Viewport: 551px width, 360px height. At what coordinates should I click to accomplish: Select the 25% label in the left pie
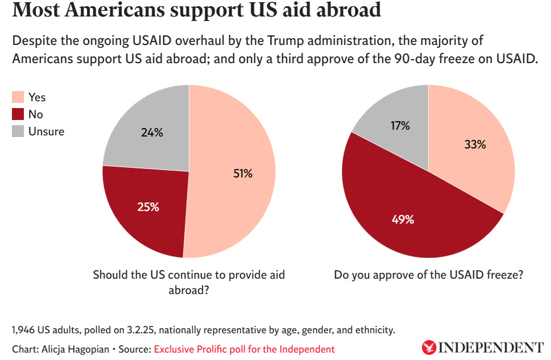[148, 206]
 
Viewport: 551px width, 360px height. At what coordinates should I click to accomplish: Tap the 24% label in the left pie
[152, 133]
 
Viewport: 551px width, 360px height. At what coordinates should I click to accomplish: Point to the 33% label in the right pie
[474, 144]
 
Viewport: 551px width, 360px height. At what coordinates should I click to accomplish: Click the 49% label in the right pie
[403, 219]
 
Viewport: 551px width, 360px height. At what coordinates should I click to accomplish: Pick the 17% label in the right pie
[400, 126]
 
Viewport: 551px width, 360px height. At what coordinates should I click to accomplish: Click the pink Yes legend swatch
[18, 97]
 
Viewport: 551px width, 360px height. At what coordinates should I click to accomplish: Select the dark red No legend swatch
[18, 114]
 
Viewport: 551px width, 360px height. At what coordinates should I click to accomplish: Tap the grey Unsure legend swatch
[18, 131]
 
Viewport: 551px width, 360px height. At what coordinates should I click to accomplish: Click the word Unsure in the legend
[46, 131]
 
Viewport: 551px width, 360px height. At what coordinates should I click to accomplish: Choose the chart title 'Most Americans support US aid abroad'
[196, 11]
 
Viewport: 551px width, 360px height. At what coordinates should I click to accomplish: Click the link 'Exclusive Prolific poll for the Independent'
[244, 349]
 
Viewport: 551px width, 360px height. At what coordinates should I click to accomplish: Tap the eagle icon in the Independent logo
[428, 347]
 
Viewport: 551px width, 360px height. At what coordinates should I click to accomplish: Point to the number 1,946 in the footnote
[23, 330]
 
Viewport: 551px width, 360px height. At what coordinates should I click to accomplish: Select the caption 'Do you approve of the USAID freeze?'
[428, 275]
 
